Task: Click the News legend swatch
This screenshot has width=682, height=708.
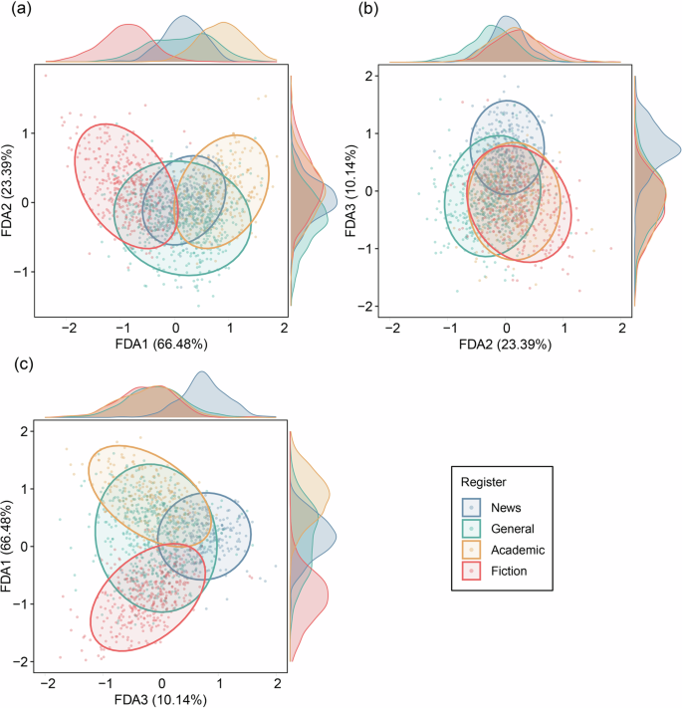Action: click(476, 507)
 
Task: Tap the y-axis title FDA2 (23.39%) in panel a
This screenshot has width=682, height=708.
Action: click(10, 189)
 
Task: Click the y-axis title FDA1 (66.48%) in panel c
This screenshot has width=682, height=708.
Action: click(10, 546)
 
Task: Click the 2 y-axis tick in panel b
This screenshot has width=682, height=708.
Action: click(367, 77)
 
